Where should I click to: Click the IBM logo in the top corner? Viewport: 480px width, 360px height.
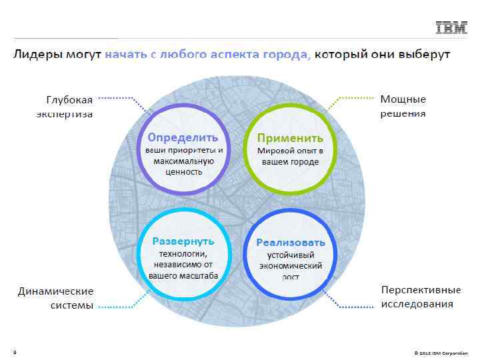point(451,27)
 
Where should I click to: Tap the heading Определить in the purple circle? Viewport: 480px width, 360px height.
point(183,137)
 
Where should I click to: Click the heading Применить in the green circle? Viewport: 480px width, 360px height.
point(291,138)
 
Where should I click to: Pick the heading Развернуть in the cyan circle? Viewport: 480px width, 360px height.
point(183,241)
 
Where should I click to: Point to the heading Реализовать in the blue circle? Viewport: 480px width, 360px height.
point(291,241)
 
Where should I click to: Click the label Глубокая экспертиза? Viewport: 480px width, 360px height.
point(65,107)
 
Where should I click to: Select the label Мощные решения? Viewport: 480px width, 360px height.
point(403,106)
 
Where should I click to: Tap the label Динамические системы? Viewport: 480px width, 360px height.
point(56,299)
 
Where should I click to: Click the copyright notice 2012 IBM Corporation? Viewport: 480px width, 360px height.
point(441,353)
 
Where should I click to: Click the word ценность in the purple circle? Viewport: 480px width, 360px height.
point(183,171)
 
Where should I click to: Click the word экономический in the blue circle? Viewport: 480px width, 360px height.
point(291,265)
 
